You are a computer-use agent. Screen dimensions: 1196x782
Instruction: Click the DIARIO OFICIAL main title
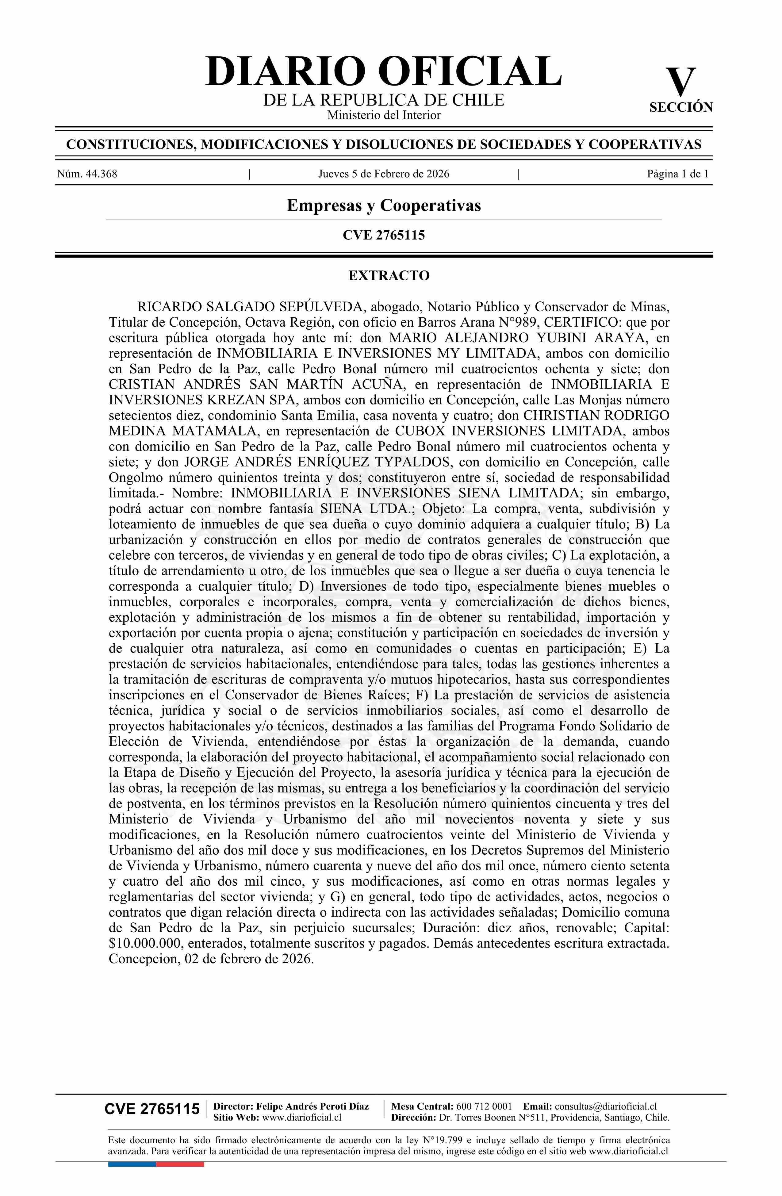pyautogui.click(x=383, y=72)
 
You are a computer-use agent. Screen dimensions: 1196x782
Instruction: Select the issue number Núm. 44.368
pyautogui.click(x=87, y=174)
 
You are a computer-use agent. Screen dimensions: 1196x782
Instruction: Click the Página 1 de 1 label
pyautogui.click(x=677, y=174)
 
